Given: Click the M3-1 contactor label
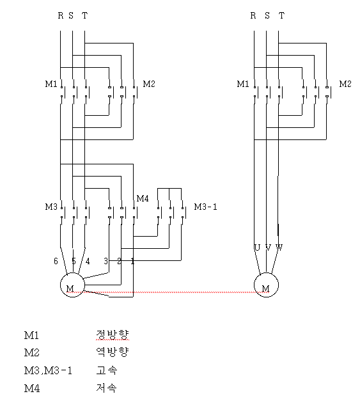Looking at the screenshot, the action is [x=205, y=207].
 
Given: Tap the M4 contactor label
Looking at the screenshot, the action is [x=143, y=198].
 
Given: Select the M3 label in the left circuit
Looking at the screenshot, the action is [x=51, y=207].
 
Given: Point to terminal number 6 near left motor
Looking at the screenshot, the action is [x=56, y=261].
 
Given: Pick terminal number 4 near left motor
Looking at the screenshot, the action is [x=88, y=261].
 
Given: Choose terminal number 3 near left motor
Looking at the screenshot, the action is [x=106, y=261].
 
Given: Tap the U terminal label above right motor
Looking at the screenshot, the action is [x=257, y=248].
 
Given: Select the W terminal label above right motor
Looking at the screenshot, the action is [x=279, y=248].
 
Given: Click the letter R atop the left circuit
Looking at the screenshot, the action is [x=61, y=16].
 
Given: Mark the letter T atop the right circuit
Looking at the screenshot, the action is [x=281, y=16].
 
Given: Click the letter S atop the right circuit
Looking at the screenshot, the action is [x=267, y=16].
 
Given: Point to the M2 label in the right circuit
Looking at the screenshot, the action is [x=345, y=84].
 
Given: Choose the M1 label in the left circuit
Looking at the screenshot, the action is [x=51, y=84].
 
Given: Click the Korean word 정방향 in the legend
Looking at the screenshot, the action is [x=113, y=335].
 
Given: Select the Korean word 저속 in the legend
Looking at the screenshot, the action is [x=106, y=388].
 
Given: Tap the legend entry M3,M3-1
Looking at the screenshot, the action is [x=48, y=370].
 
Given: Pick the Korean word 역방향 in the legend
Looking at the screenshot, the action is [x=113, y=352].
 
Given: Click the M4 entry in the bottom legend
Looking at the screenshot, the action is [x=32, y=388].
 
